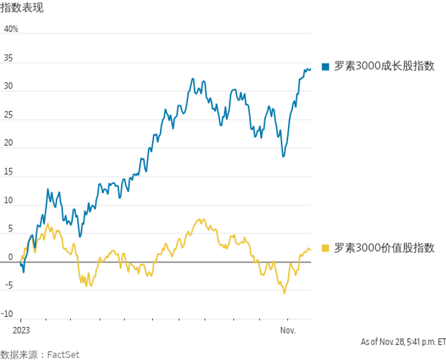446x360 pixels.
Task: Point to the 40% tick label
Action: [11, 29]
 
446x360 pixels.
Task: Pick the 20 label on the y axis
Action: [8, 143]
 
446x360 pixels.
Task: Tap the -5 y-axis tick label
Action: [8, 285]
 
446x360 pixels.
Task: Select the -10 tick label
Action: [7, 314]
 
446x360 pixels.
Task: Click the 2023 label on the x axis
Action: [21, 331]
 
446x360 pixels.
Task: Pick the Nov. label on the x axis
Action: [288, 331]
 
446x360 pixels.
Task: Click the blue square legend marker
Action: [325, 66]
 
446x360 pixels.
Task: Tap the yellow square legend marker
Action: [325, 248]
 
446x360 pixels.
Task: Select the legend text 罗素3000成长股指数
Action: [384, 66]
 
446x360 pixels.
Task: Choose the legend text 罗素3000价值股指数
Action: [384, 248]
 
